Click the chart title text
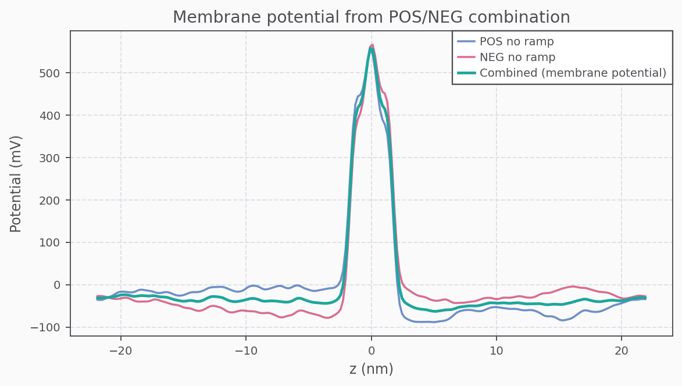tap(371, 17)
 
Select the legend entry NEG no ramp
tap(517, 58)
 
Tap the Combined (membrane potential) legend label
tap(572, 73)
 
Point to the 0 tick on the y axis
tap(58, 285)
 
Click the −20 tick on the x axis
tap(121, 351)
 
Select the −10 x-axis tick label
tap(246, 351)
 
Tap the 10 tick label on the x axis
tap(497, 351)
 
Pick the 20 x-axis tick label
tap(622, 351)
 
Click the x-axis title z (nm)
tap(371, 369)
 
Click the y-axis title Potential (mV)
tap(16, 184)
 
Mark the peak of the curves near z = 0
tap(372, 47)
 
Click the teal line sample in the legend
tap(466, 73)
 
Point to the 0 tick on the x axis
tap(371, 351)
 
